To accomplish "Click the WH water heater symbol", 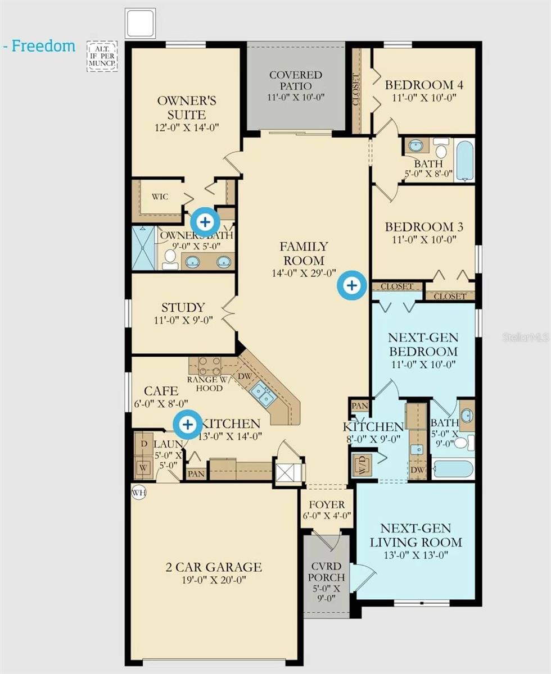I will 138,493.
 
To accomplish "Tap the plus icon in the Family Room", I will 351,285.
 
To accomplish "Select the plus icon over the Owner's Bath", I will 206,222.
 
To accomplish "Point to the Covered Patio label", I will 295,86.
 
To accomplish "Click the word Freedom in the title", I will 43,46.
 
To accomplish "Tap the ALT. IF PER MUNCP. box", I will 102,56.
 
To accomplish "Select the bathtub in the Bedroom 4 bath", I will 464,160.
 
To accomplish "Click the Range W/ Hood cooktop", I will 209,366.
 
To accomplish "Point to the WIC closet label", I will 160,197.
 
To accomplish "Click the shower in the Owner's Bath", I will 143,248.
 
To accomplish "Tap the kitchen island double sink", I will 263,393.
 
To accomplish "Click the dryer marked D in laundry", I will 142,444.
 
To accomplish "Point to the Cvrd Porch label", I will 326,584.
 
